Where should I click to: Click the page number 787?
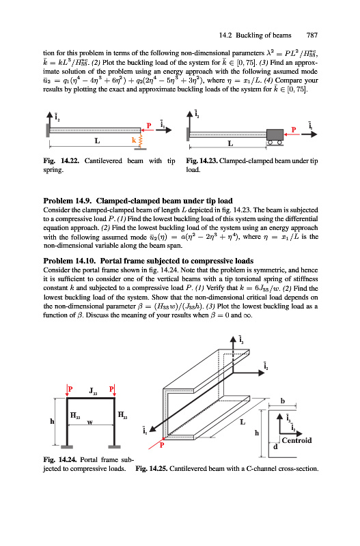(x=312, y=35)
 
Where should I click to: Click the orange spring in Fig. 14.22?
(x=141, y=141)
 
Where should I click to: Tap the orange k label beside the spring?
(x=134, y=140)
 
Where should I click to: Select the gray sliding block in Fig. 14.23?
(x=275, y=134)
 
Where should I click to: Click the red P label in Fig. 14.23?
(x=294, y=130)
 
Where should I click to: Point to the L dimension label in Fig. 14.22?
(x=97, y=141)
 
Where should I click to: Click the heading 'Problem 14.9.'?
(x=68, y=201)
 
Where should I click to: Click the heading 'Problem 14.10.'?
(x=70, y=261)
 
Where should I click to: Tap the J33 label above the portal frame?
(x=93, y=390)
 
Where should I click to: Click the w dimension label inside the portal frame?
(x=90, y=422)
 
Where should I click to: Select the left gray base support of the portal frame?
(x=67, y=447)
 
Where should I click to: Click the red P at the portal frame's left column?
(x=70, y=389)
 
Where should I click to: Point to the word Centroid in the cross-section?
(x=297, y=440)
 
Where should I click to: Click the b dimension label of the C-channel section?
(x=283, y=401)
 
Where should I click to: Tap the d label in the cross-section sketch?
(x=275, y=446)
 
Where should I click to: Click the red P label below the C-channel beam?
(x=162, y=445)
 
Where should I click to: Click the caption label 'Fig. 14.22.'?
(x=61, y=161)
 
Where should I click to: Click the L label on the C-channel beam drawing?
(x=243, y=422)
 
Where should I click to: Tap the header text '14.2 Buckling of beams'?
(x=255, y=35)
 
